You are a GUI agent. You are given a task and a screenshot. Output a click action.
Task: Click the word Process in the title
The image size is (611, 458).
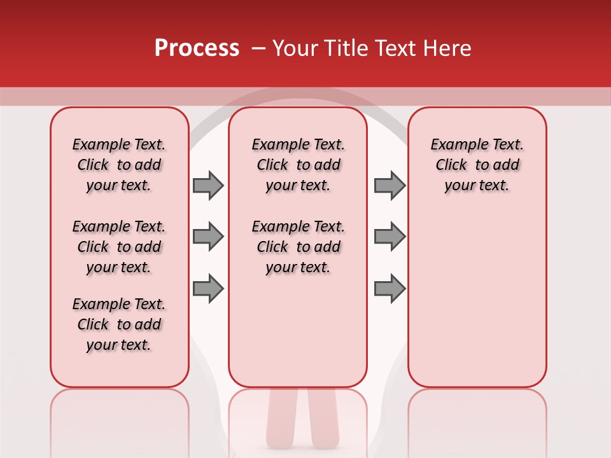tap(197, 49)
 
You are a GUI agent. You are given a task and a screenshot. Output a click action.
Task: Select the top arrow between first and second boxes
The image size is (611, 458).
tap(208, 185)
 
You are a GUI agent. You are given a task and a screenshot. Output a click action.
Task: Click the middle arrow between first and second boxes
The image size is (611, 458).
tap(208, 237)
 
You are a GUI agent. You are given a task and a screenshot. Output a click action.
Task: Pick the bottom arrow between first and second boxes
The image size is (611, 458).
tap(208, 288)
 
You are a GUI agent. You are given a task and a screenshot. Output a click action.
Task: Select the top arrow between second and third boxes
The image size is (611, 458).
tap(390, 185)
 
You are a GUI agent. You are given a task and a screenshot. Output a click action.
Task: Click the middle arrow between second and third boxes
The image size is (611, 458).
tap(390, 237)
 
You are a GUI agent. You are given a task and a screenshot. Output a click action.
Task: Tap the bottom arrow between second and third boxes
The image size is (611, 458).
tap(390, 288)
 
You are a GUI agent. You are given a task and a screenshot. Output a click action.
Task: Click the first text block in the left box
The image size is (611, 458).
tap(119, 165)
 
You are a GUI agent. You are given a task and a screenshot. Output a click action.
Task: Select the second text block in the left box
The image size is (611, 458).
tap(119, 247)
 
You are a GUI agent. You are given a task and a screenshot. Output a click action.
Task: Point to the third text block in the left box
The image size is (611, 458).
tap(119, 324)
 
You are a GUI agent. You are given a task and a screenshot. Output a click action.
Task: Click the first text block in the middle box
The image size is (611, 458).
tap(298, 165)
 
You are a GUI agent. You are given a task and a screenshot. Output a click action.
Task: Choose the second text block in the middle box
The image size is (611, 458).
tap(298, 247)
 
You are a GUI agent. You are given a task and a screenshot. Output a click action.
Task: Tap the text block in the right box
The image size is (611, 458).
tap(477, 165)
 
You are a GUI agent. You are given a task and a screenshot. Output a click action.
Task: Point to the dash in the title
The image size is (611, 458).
tap(258, 48)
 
